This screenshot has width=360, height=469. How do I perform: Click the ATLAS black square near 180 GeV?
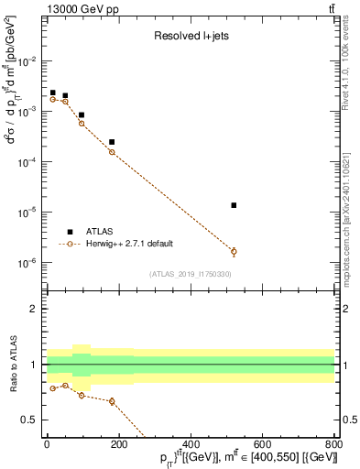pyautogui.click(x=112, y=142)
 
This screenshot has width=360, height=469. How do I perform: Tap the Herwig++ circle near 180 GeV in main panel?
pyautogui.click(x=112, y=152)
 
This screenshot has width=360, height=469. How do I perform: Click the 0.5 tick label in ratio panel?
pyautogui.click(x=30, y=420)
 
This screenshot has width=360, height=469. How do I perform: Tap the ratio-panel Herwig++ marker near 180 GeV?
pyautogui.click(x=112, y=401)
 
